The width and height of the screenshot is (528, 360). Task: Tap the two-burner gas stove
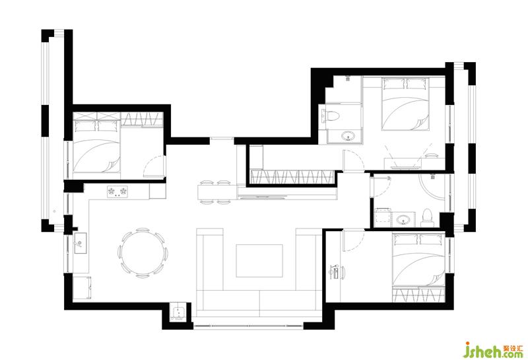click(117, 192)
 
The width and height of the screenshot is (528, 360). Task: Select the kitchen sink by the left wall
click(81, 242)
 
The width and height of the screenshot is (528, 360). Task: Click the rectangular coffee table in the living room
click(259, 260)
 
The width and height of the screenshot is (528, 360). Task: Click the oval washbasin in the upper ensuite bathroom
click(348, 137)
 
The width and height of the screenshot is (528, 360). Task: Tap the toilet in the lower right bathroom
click(426, 218)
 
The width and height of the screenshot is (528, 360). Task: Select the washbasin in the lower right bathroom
click(403, 220)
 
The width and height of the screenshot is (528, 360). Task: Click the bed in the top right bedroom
click(405, 104)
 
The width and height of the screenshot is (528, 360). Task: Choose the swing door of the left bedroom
click(154, 166)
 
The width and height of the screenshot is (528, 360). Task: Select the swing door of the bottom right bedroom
click(354, 240)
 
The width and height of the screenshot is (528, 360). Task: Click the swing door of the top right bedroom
click(353, 161)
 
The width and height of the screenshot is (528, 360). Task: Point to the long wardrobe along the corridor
click(292, 177)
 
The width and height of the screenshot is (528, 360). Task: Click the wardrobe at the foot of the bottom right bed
click(418, 294)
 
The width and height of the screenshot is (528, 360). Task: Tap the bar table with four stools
click(217, 192)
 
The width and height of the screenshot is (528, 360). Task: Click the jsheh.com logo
click(493, 351)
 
